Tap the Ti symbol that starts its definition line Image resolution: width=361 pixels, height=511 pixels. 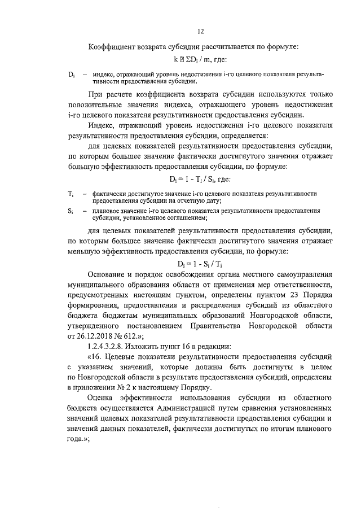pos(71,194)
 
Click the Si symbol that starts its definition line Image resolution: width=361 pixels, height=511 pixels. pos(70,211)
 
